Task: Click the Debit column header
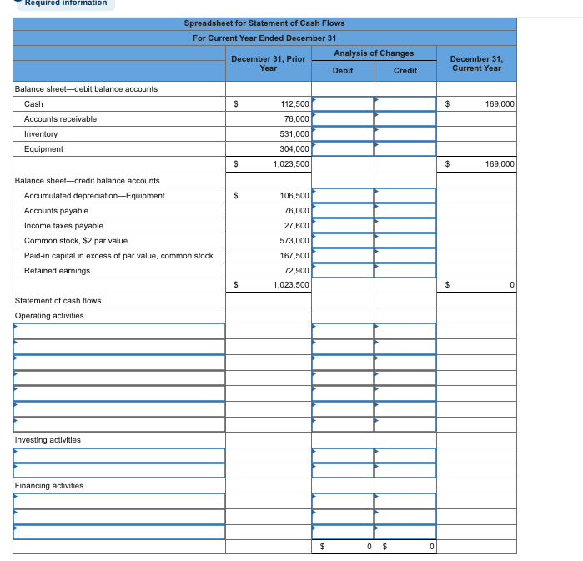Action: tap(342, 71)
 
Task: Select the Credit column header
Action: tap(405, 71)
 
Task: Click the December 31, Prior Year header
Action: tap(268, 63)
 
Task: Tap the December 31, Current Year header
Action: tap(475, 63)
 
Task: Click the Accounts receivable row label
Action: tap(60, 119)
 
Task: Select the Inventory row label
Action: tap(41, 134)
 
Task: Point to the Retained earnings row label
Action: tap(57, 271)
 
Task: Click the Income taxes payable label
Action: tap(63, 226)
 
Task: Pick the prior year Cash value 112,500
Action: tap(294, 104)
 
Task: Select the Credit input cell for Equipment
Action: tap(405, 149)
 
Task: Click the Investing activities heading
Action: tap(48, 440)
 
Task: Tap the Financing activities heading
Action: tap(48, 486)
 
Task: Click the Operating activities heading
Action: tap(48, 316)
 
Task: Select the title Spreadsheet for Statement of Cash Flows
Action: tap(264, 23)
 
